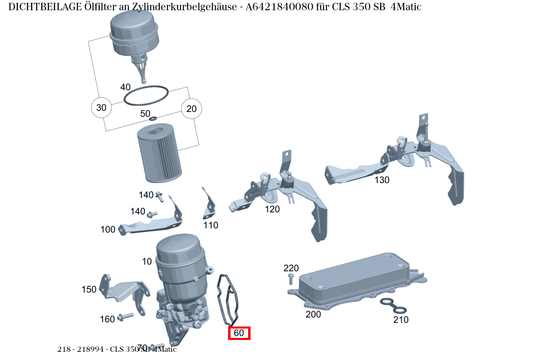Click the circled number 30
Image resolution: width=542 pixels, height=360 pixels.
click(x=101, y=108)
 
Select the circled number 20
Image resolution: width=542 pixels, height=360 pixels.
click(x=191, y=109)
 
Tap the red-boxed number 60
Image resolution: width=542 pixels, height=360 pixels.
click(x=239, y=333)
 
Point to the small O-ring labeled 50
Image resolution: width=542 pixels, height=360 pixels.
click(x=153, y=119)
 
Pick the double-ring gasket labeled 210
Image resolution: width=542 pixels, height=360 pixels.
click(x=393, y=306)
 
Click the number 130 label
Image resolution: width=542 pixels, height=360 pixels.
click(x=382, y=180)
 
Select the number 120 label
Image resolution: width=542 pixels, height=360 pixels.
click(x=272, y=209)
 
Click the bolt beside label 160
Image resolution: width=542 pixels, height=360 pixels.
click(x=125, y=317)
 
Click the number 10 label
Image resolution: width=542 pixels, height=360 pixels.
click(x=147, y=262)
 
